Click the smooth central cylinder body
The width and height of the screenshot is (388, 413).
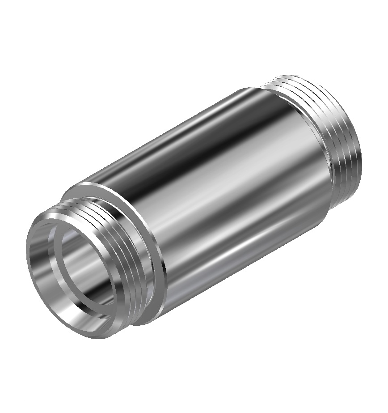(215, 188)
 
